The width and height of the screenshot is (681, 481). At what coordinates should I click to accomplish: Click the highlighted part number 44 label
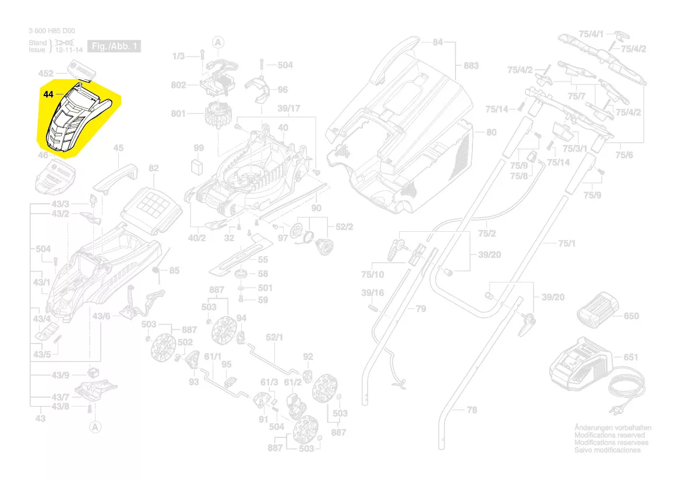[x=48, y=93]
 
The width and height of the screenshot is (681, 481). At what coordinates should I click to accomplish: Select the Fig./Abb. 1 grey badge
[x=114, y=46]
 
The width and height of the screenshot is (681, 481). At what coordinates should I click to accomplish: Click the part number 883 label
[x=471, y=66]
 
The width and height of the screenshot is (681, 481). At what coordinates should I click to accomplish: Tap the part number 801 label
[x=178, y=114]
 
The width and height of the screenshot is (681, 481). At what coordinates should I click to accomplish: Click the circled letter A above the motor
[x=218, y=42]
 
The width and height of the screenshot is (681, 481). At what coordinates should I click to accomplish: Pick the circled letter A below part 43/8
[x=96, y=427]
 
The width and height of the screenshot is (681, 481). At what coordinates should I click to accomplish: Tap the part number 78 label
[x=472, y=410]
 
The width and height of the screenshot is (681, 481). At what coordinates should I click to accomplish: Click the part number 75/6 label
[x=624, y=154]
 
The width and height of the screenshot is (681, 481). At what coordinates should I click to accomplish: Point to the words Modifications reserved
[x=609, y=435]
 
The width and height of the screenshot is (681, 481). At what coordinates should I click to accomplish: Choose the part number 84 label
[x=437, y=42]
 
